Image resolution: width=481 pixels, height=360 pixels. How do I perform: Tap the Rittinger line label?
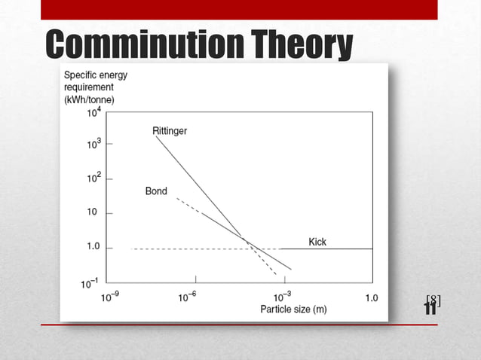[170, 130]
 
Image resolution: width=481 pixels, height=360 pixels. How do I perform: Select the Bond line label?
[156, 191]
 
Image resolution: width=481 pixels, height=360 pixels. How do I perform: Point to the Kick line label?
[317, 242]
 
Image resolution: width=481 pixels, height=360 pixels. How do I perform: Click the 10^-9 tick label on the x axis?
[110, 297]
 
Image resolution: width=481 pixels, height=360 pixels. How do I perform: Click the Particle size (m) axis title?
[293, 310]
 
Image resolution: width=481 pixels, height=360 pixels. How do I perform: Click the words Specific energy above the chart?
[96, 75]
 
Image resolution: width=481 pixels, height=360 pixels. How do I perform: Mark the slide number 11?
[430, 308]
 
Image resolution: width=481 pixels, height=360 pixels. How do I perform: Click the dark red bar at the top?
[239, 9]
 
